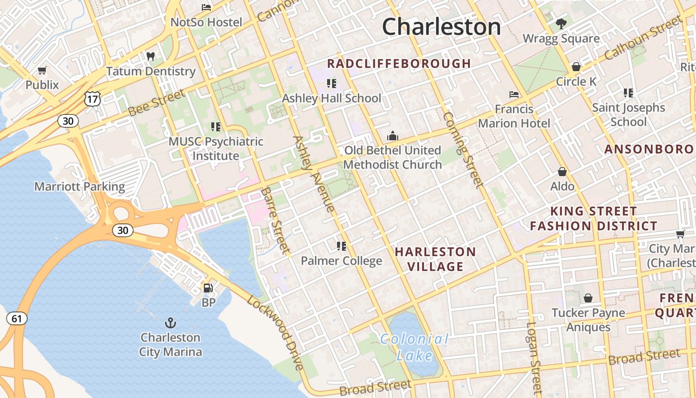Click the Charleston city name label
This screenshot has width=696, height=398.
[x=441, y=26]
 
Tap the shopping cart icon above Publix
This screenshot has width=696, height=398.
[x=42, y=70]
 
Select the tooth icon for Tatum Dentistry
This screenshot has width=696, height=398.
[x=151, y=57]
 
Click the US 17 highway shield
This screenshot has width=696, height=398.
[x=92, y=99]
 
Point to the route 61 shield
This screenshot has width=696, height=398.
[x=17, y=318]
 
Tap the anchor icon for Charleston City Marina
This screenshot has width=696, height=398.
[x=171, y=323]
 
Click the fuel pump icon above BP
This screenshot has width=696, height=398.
[x=208, y=288]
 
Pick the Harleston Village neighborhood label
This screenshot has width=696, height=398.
[x=435, y=259]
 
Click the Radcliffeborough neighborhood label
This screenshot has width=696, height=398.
[x=399, y=64]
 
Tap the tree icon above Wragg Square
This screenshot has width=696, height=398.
[x=561, y=23]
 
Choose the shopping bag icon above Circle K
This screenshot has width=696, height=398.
[x=576, y=66]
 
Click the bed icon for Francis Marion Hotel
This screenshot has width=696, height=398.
[x=514, y=94]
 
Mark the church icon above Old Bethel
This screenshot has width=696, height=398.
[x=393, y=135]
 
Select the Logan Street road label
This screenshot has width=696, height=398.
[x=533, y=357]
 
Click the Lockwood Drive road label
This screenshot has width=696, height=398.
[x=275, y=333]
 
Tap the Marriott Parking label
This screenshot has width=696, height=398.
[x=80, y=187]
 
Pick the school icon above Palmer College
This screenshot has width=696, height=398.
[x=341, y=246]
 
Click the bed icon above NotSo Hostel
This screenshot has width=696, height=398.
[x=206, y=7]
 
